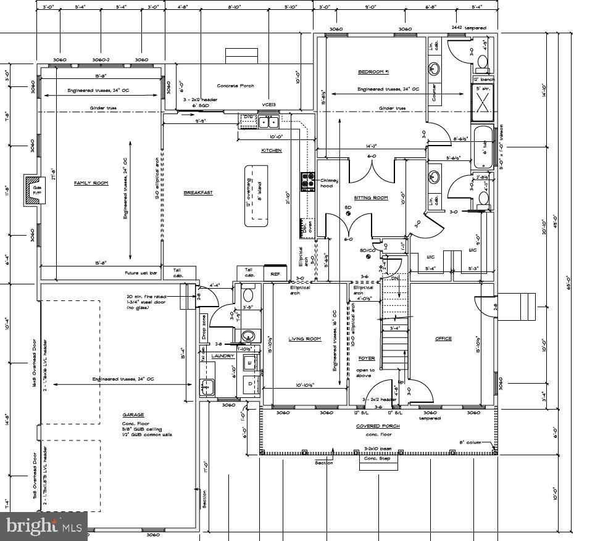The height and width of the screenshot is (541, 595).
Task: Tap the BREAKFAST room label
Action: click(198, 193)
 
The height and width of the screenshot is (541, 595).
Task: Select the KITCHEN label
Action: click(272, 151)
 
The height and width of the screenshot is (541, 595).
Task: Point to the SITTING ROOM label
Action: click(370, 198)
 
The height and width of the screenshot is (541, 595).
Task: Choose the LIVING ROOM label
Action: click(305, 339)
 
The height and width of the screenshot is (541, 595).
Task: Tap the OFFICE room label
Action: click(443, 339)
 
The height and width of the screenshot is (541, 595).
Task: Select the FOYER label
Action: click(367, 358)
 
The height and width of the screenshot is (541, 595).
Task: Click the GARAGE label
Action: click(133, 415)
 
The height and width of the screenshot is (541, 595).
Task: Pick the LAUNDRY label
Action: click(223, 356)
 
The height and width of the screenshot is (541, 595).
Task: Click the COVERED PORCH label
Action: click(378, 426)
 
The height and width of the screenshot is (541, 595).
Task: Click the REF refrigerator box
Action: click(275, 273)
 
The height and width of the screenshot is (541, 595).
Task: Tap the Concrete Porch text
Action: click(236, 86)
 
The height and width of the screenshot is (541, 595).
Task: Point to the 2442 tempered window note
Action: click(469, 28)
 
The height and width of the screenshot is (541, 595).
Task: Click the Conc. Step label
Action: click(377, 459)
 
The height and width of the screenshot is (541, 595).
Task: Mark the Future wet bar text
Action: click(139, 272)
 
